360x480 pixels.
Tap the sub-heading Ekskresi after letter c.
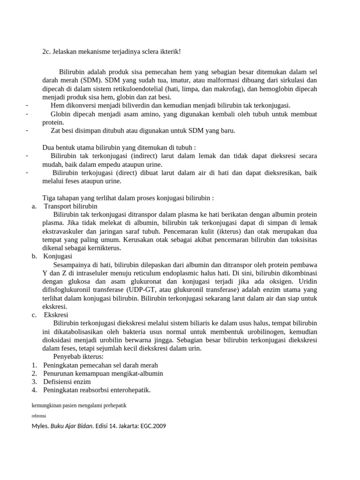tap(56, 315)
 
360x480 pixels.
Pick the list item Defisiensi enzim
tap(67, 382)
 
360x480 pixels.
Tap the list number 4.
tap(34, 390)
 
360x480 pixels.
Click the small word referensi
tap(39, 415)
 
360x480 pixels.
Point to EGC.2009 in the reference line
tap(150, 426)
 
